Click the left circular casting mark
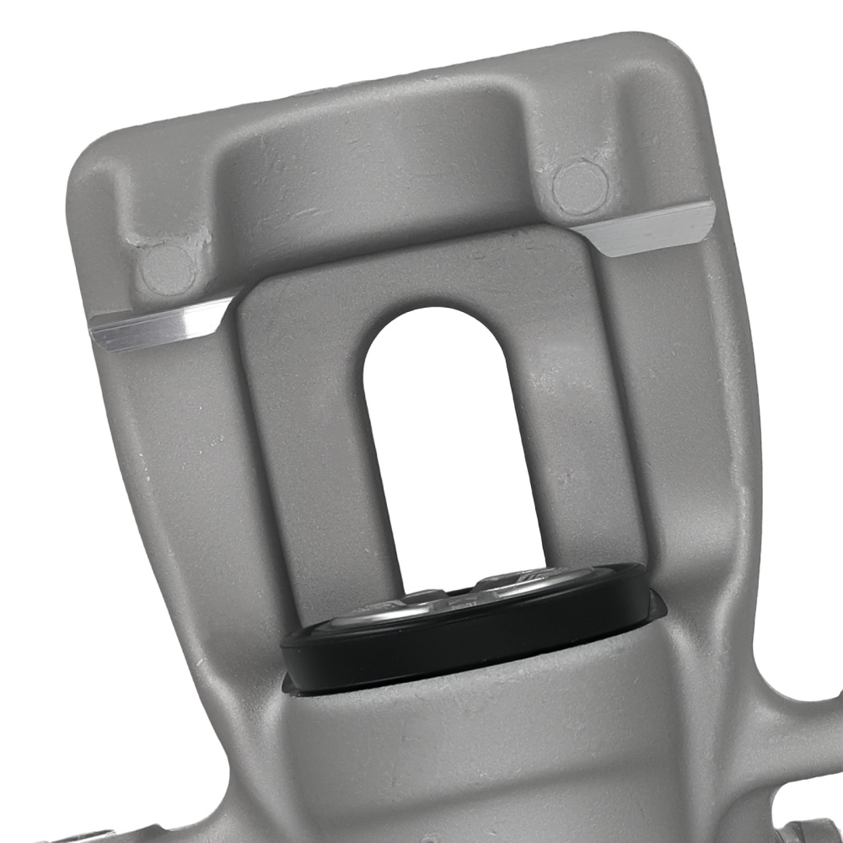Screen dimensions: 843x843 click(167, 270)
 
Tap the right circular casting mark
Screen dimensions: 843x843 click(580, 187)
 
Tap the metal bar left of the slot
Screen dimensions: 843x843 click(312, 464)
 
